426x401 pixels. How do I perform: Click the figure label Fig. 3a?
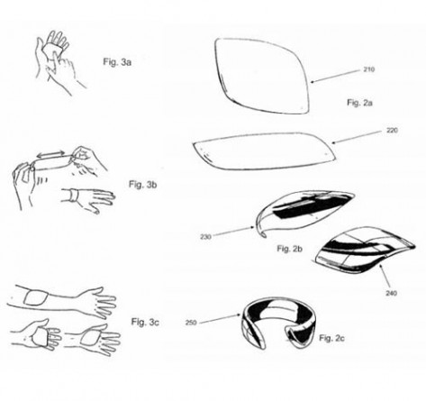click(117, 62)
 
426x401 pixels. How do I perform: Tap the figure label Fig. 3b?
click(143, 184)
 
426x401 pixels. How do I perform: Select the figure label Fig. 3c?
click(145, 322)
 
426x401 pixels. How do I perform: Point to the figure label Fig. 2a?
click(359, 103)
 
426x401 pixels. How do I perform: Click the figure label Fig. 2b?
click(289, 249)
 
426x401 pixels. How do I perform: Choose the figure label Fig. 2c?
click(331, 338)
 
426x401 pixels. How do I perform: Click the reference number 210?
click(368, 69)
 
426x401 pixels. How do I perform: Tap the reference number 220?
click(392, 131)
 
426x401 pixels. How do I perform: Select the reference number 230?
click(205, 237)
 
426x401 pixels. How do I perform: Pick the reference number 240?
click(391, 293)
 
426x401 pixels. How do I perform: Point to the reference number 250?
click(191, 323)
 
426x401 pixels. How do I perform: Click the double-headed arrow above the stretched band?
click(50, 154)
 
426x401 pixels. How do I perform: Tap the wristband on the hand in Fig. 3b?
click(73, 196)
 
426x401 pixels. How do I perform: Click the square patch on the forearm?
click(36, 297)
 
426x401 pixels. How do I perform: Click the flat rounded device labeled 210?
click(262, 77)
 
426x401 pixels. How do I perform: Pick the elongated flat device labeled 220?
click(264, 151)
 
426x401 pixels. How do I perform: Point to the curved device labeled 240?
click(364, 251)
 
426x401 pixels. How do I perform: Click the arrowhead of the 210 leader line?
click(313, 82)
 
